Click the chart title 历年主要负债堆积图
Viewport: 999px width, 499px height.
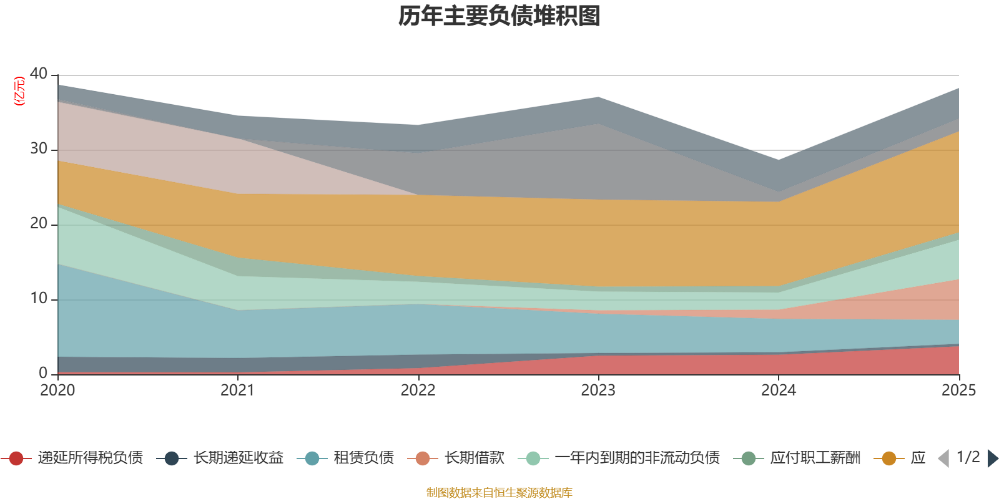[x=499, y=16]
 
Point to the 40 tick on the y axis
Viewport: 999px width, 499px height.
[x=39, y=74]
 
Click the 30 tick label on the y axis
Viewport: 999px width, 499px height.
[x=39, y=148]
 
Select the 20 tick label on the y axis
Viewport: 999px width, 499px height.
[x=39, y=223]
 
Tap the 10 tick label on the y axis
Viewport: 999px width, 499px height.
[x=39, y=298]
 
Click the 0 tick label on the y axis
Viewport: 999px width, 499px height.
[x=43, y=373]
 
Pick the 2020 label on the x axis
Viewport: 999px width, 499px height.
[x=57, y=390]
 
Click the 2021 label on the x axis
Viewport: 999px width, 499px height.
[x=237, y=390]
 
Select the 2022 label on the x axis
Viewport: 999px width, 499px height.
[x=418, y=390]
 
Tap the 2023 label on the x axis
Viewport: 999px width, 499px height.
[x=598, y=390]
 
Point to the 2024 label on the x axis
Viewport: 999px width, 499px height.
[x=778, y=390]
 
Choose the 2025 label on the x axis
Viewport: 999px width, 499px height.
[x=958, y=390]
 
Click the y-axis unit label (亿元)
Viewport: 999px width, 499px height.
[x=20, y=91]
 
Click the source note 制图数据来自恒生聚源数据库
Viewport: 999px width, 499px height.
[x=499, y=493]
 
